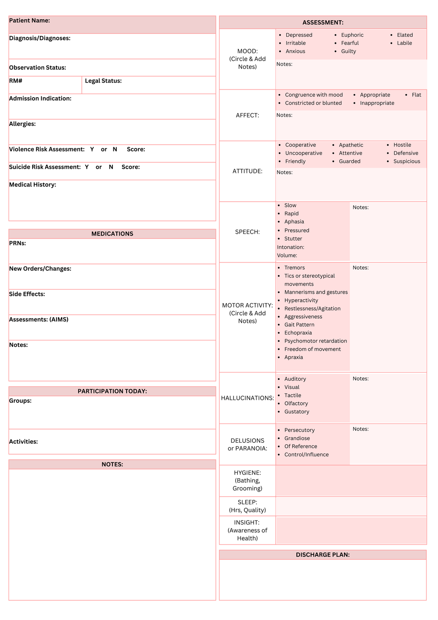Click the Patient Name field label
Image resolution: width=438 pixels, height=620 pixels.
coord(30,21)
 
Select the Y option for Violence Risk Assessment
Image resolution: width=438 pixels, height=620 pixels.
coord(92,149)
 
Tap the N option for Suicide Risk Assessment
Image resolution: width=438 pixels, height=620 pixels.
coord(111,167)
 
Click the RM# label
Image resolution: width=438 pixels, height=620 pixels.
coord(16,81)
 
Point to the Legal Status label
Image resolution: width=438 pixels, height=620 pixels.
coord(103,81)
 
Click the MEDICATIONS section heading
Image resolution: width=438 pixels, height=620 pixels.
coord(112,234)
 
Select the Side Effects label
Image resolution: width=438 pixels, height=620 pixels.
coord(27,294)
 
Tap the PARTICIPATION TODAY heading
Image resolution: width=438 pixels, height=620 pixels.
coord(112,391)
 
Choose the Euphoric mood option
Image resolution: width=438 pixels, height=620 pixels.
coord(352,35)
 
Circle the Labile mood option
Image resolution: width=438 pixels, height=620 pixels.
coord(404,43)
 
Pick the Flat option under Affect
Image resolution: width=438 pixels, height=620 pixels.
coord(416,95)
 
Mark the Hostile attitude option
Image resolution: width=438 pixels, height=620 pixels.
coord(402,145)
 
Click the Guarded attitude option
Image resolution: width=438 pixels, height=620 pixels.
coord(349,161)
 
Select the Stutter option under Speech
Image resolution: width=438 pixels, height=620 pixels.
coord(293,239)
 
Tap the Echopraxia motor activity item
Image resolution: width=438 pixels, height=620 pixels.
coord(298,333)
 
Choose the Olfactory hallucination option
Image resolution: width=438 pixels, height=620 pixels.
coord(296,404)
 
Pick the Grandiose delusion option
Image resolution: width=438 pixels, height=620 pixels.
coord(297,438)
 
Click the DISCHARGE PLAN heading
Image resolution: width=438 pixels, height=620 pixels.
coord(323,555)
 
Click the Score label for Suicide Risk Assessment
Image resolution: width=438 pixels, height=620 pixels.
coord(130,167)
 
